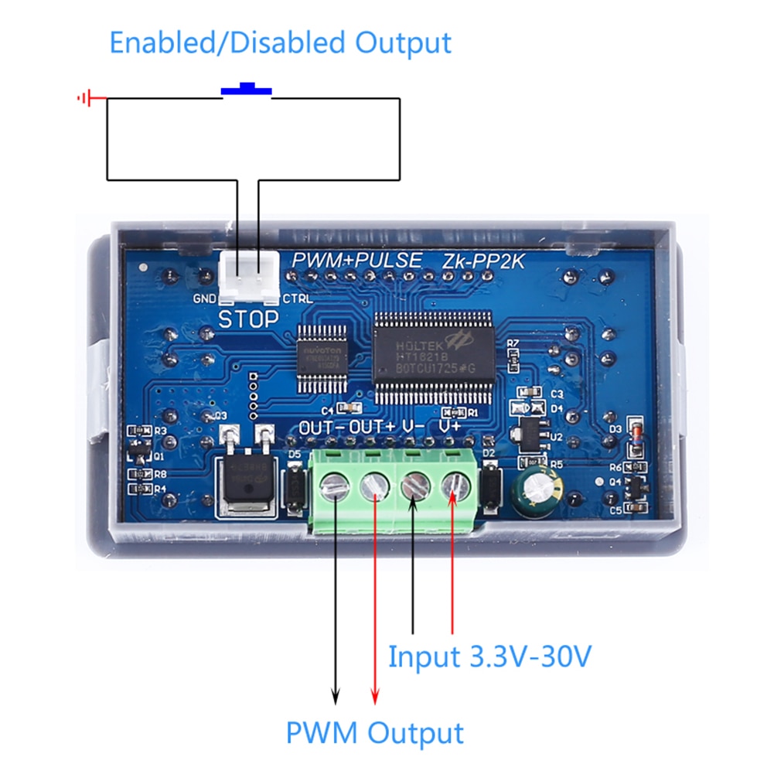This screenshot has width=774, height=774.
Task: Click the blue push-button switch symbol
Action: (247, 90)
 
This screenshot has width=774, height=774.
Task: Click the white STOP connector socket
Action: (249, 276)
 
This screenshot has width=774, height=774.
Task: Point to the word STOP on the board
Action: (248, 318)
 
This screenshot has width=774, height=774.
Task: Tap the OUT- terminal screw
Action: (335, 488)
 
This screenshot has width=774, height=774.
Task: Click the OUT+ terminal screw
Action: (375, 488)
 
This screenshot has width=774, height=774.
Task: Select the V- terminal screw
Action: (414, 488)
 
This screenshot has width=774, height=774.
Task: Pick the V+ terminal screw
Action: (453, 488)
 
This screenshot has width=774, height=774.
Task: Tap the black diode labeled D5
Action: (295, 487)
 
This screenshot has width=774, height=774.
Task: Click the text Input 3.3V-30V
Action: (489, 656)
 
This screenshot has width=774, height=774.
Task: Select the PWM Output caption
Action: (374, 731)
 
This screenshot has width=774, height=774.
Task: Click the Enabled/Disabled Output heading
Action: (280, 42)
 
